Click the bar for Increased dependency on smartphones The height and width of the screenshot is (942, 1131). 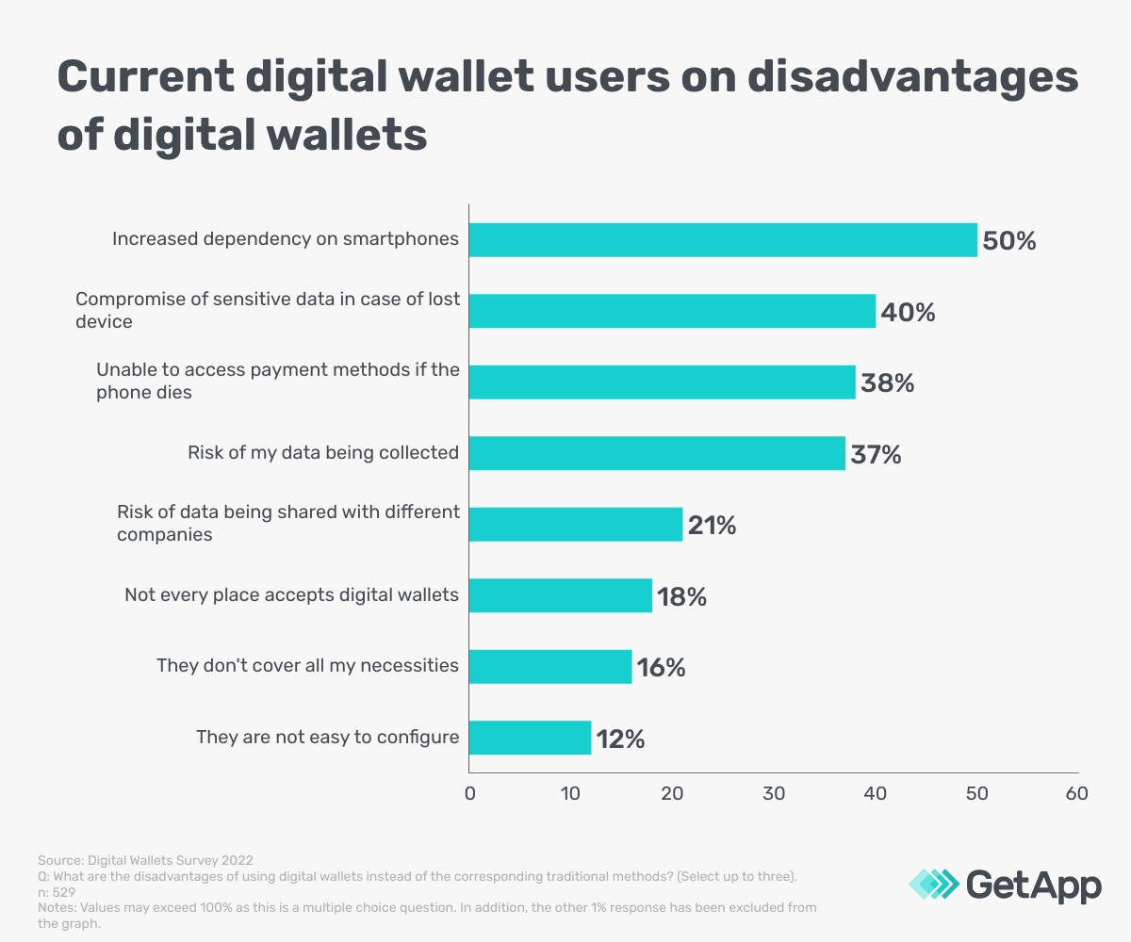[x=723, y=240]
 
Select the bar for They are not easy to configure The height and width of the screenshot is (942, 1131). [x=530, y=738]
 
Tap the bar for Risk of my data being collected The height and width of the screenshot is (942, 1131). [x=657, y=453]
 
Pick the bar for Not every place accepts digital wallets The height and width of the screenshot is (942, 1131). [x=560, y=595]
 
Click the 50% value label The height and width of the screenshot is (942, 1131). [x=1008, y=241]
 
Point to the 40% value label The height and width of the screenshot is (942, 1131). [x=908, y=312]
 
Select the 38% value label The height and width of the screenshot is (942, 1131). [x=887, y=383]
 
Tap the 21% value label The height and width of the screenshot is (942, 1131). [x=712, y=525]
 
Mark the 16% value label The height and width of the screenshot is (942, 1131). [x=661, y=667]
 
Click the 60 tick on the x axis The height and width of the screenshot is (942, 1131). [x=1077, y=793]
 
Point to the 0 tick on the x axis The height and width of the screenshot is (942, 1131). [x=469, y=793]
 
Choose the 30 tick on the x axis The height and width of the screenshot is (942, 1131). [x=774, y=793]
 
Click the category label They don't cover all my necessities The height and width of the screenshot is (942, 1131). [x=307, y=666]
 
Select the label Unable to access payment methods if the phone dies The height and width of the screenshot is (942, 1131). [x=277, y=382]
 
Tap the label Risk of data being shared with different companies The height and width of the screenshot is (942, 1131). [x=287, y=524]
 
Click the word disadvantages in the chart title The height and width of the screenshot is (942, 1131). [x=912, y=77]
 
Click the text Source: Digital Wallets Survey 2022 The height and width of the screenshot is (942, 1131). [x=145, y=861]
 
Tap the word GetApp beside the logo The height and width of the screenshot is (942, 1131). [x=1033, y=885]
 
